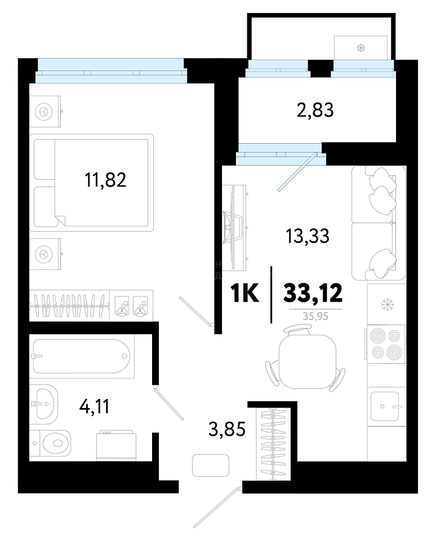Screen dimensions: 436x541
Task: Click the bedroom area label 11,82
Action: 105,180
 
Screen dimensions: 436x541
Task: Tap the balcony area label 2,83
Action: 315,110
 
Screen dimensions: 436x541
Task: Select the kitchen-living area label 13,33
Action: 308,236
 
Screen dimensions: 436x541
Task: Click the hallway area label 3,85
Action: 227,429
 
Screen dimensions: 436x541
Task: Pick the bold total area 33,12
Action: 313,293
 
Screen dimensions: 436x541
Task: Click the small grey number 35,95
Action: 315,316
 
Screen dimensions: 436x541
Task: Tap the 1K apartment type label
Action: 244,293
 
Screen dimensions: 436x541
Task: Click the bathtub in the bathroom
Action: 82,356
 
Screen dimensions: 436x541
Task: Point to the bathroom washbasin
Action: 43,404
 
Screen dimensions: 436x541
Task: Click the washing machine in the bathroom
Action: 116,445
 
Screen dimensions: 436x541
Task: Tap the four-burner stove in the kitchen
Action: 386,344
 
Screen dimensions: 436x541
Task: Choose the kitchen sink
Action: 386,406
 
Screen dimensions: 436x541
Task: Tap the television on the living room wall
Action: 234,227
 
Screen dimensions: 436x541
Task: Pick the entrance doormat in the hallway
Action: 211,465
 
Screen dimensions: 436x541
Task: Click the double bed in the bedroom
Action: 91,183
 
